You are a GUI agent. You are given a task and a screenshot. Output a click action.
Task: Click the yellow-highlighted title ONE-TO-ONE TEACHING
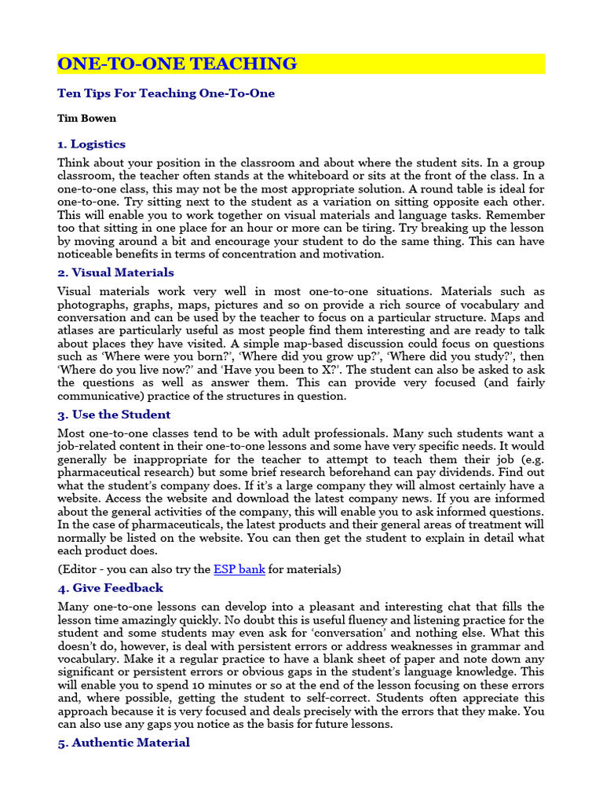[x=177, y=64]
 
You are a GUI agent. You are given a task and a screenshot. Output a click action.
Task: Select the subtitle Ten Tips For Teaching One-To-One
[x=166, y=93]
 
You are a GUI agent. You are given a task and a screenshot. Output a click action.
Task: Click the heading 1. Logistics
[x=91, y=144]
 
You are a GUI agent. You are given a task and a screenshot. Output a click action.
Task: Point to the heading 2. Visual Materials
[x=115, y=272]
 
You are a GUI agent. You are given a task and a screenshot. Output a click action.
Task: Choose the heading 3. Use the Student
[x=114, y=415]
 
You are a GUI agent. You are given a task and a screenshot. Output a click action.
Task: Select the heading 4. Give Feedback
[x=110, y=587]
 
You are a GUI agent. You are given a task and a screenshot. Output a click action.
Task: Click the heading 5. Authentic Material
[x=123, y=742]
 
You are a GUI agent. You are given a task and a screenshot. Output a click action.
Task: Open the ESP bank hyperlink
[x=239, y=569]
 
